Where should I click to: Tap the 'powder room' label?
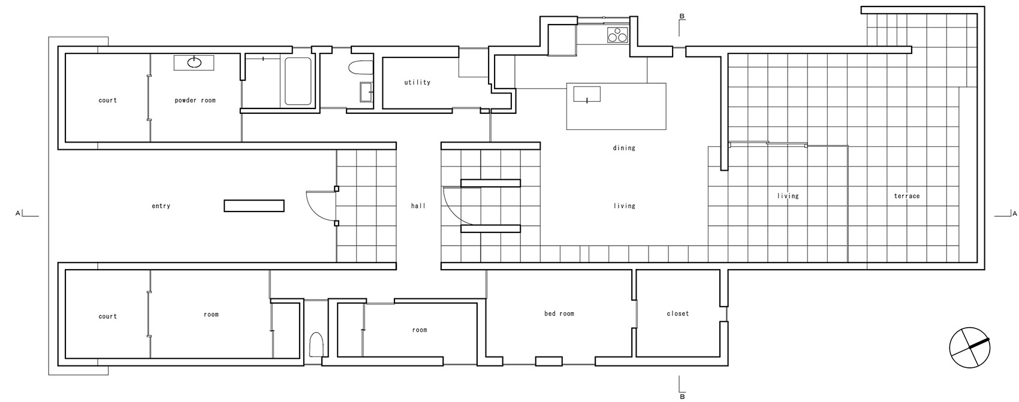195,100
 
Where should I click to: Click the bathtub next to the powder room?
297,81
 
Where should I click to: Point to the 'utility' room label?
417,82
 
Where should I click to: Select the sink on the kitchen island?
587,95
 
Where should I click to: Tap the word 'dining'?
624,147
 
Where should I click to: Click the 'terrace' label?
906,196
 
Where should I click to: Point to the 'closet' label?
678,313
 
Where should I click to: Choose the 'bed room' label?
559,313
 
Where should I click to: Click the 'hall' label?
418,205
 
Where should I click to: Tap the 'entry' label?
161,205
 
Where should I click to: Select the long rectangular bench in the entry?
254,205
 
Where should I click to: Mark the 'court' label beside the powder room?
108,100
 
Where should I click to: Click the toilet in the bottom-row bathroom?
315,346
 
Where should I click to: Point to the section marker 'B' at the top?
682,16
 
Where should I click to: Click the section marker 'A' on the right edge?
1014,213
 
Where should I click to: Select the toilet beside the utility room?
361,67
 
